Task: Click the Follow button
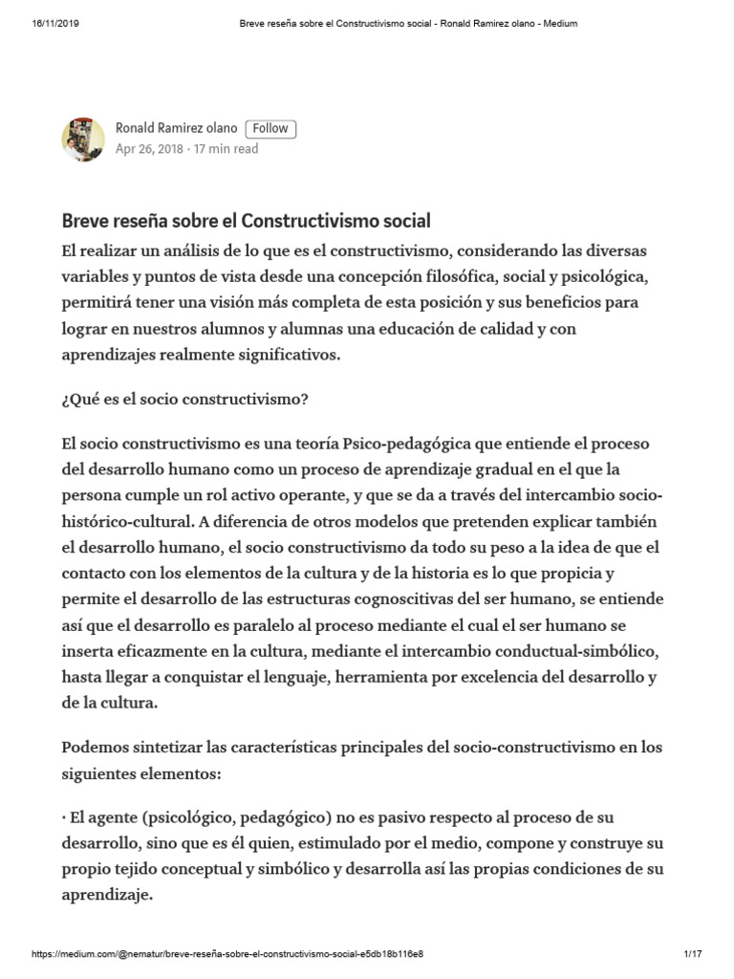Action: tap(270, 129)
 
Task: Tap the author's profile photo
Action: tap(83, 140)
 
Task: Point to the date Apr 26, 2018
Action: tap(148, 149)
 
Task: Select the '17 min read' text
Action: tap(226, 149)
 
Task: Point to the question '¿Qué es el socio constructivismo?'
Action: tap(184, 400)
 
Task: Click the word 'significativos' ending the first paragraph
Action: tap(280, 354)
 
